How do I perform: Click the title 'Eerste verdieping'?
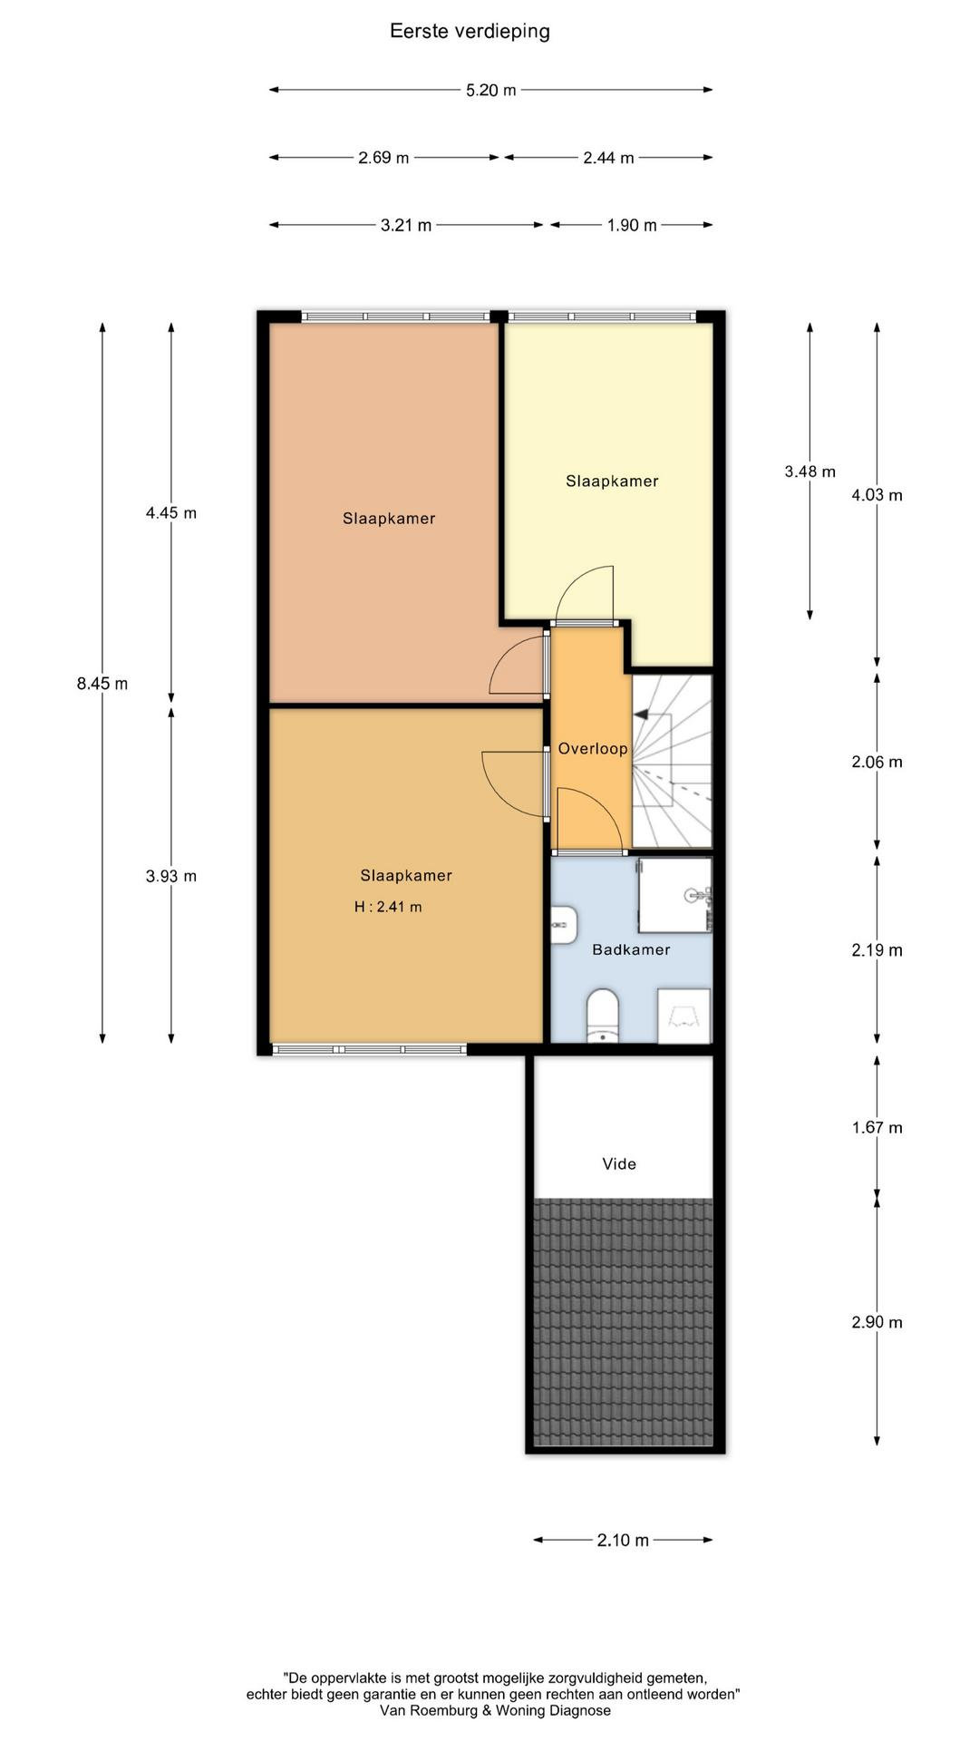tap(470, 32)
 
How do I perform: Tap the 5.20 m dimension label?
tap(491, 90)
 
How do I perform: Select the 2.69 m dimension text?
tap(383, 158)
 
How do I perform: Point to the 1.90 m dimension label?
tap(632, 225)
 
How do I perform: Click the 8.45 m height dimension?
tap(102, 684)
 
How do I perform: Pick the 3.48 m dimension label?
tap(810, 472)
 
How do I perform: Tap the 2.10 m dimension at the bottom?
tap(623, 1540)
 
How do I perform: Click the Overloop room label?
tap(593, 749)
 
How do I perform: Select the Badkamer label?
tap(631, 949)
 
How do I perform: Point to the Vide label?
tap(619, 1163)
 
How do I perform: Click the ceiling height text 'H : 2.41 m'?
tap(388, 907)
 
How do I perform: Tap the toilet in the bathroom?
tap(602, 1016)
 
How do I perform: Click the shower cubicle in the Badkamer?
tap(675, 895)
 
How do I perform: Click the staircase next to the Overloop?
tap(672, 761)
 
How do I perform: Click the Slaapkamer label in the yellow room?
tap(612, 481)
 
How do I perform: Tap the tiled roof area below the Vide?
tap(623, 1322)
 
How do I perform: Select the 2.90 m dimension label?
tap(877, 1322)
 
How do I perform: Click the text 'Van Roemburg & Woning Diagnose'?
tap(495, 1710)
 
